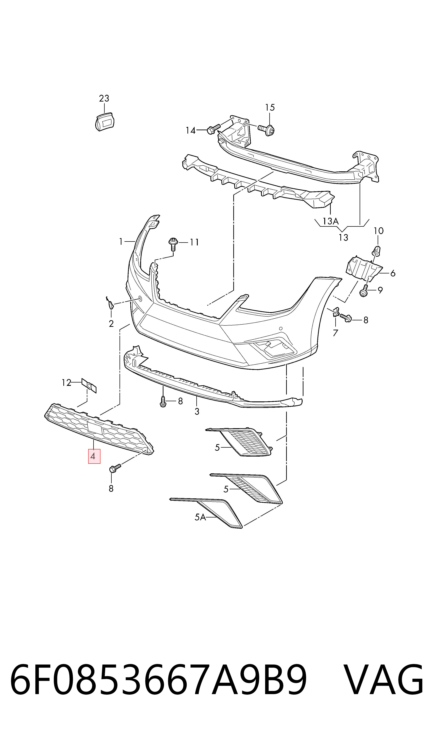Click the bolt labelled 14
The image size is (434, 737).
[x=213, y=129]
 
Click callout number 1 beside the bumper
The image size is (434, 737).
[x=121, y=242]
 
